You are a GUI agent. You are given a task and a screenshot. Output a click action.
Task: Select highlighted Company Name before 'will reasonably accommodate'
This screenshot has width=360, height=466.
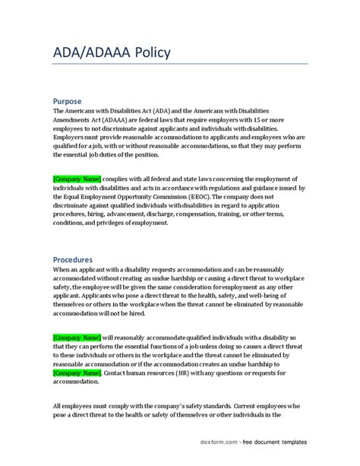[77, 337]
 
